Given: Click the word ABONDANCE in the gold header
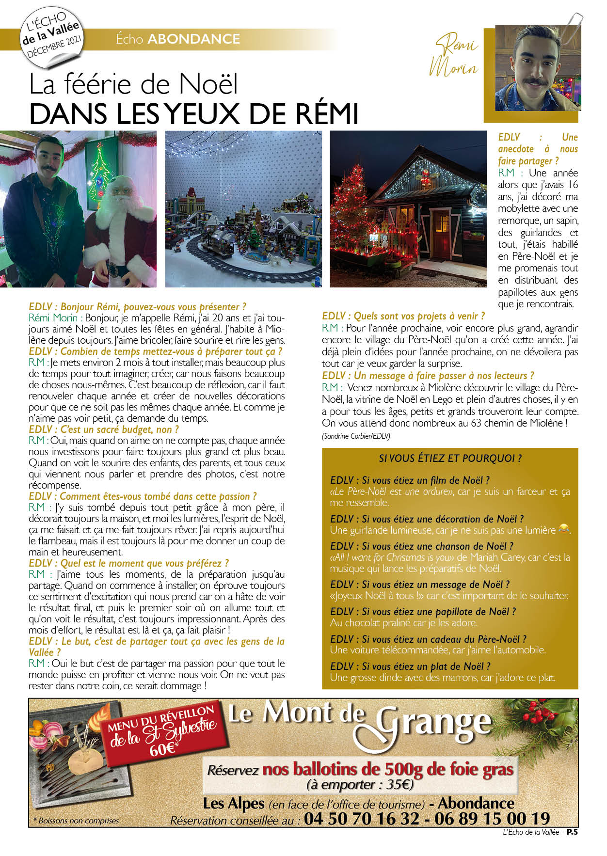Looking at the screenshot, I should click(x=193, y=39).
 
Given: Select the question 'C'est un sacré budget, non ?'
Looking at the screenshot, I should click(x=104, y=429).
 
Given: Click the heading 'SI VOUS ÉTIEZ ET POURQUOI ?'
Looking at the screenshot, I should click(x=450, y=459).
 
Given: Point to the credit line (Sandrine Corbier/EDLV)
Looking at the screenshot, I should click(x=356, y=436).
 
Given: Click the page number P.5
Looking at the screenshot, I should click(x=572, y=832).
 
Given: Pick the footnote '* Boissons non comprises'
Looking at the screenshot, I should click(x=76, y=821).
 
